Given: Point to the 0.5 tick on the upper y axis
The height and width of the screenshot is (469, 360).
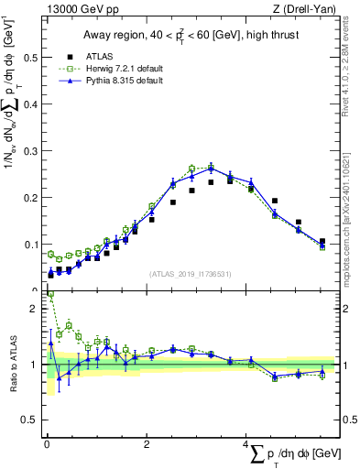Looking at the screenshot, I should [x=29, y=57].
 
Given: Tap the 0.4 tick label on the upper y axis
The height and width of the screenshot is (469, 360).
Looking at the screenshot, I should [x=29, y=104].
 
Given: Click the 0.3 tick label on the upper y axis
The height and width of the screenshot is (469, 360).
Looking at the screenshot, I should [x=29, y=150].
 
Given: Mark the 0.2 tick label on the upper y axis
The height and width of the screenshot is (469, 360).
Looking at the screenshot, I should [x=29, y=197].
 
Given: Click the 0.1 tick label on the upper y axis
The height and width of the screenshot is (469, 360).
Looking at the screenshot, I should [x=29, y=245].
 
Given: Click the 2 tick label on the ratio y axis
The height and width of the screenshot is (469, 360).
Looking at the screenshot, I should [x=35, y=309].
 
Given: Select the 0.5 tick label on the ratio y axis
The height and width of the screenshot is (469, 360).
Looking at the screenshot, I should [x=29, y=420].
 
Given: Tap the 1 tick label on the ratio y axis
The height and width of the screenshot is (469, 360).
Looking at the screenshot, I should [x=35, y=365].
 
